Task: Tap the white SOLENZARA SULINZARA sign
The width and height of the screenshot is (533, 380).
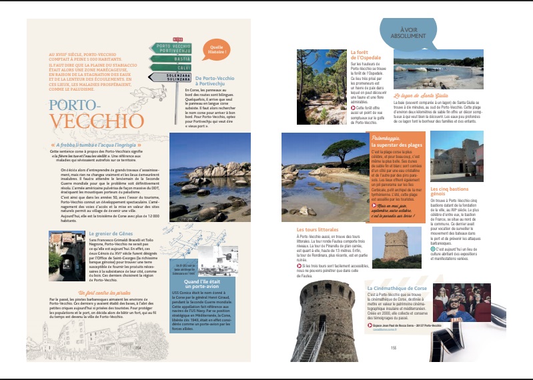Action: click(173, 77)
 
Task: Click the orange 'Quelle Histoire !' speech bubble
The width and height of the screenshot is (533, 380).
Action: click(215, 49)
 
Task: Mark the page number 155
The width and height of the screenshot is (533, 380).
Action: click(394, 347)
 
